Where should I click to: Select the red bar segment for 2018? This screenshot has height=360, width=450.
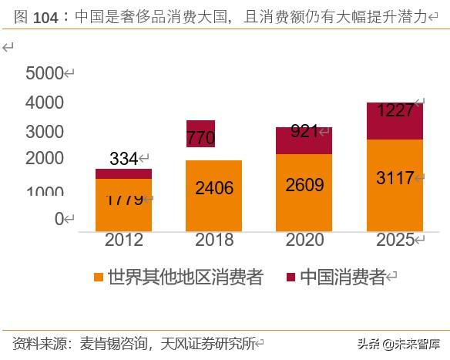tap(200, 133)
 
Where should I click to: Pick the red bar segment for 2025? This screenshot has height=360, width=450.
tap(394, 121)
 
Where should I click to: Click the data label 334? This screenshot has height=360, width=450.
tap(123, 159)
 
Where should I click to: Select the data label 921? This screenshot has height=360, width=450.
tap(304, 132)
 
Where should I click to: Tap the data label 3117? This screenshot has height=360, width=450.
tap(395, 178)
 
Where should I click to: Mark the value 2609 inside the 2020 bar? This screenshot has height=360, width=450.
tap(304, 185)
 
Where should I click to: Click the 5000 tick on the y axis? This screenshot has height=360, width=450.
tap(45, 74)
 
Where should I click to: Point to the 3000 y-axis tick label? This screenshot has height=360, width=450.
tap(45, 131)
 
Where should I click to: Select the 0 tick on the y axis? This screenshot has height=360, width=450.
tap(59, 219)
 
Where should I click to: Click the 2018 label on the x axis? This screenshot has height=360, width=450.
tap(214, 240)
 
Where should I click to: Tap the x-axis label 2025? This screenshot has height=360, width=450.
tap(395, 240)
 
